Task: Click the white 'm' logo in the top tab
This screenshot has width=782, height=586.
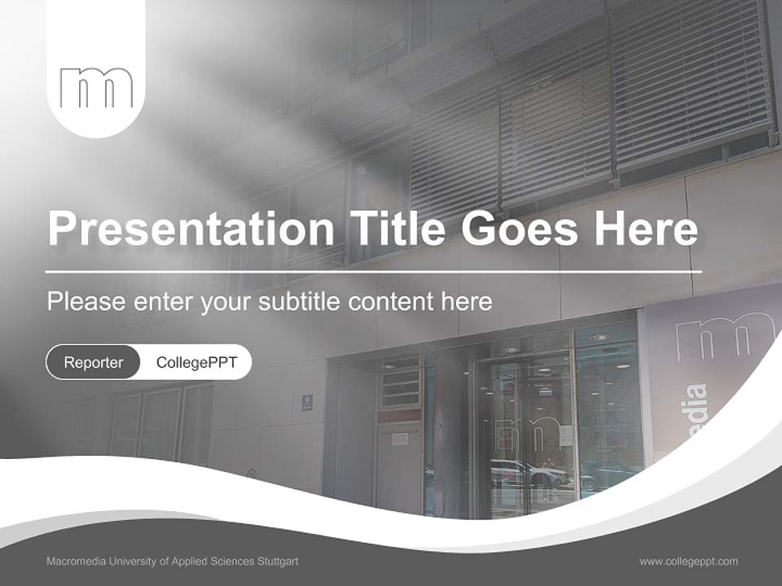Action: (96, 88)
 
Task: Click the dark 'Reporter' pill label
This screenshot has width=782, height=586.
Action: (93, 362)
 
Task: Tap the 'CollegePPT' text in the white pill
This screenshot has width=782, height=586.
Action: (196, 362)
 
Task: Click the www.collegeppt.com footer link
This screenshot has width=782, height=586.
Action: (688, 561)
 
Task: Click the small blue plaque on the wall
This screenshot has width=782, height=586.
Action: (307, 402)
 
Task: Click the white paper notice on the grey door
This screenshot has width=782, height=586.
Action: (400, 439)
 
